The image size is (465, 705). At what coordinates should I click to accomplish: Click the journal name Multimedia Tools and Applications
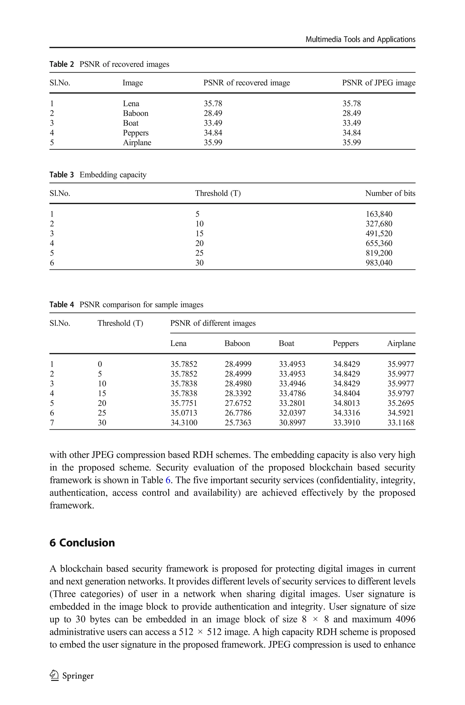[x=360, y=40]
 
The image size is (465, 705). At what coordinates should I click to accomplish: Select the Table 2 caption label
[x=61, y=64]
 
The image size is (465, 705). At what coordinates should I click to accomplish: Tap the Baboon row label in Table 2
[x=136, y=113]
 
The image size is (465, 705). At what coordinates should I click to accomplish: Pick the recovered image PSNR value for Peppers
[x=213, y=133]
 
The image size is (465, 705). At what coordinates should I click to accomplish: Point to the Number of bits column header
[x=390, y=193]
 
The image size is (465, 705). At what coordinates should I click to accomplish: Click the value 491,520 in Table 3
[x=379, y=234]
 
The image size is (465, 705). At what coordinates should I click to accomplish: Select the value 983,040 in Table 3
[x=379, y=263]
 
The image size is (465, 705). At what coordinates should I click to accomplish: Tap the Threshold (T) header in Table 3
[x=218, y=193]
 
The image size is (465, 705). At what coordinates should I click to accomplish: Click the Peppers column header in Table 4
[x=346, y=343]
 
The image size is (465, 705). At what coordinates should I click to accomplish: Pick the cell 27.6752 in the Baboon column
[x=238, y=403]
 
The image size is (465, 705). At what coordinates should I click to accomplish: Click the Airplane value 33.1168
[x=401, y=423]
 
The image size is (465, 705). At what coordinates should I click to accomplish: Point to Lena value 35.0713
[x=183, y=413]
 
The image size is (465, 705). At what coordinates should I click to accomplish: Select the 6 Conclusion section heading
[x=82, y=542]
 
